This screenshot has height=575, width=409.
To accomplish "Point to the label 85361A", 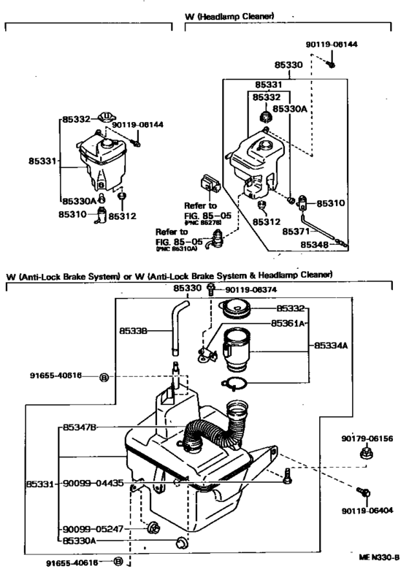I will pyautogui.click(x=288, y=322).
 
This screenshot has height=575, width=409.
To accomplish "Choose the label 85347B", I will pyautogui.click(x=80, y=427).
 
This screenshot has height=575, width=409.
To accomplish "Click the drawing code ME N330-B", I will pyautogui.click(x=378, y=557).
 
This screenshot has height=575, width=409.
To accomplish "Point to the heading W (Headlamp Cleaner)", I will pyautogui.click(x=230, y=15).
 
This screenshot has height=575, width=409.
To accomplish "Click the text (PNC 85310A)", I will pyautogui.click(x=177, y=249).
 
